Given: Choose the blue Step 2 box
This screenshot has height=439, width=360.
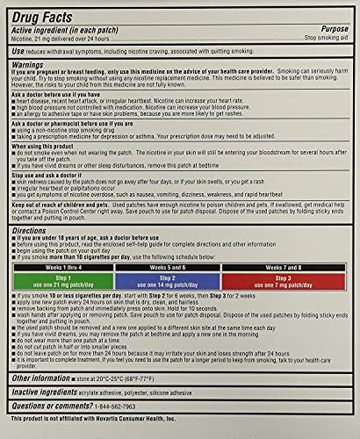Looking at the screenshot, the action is [178, 280].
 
